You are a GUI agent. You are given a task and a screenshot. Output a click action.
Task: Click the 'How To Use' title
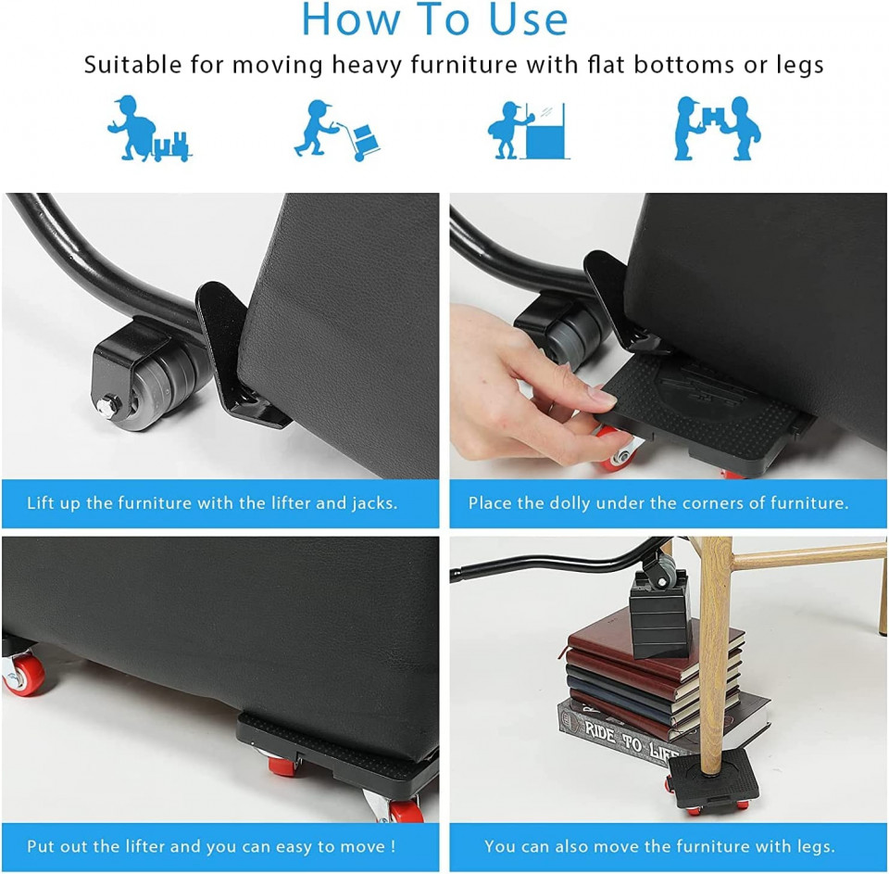(x=435, y=20)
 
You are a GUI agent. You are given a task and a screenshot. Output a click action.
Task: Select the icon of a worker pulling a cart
(x=148, y=129)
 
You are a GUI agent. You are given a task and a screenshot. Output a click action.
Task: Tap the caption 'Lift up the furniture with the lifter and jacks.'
(x=212, y=503)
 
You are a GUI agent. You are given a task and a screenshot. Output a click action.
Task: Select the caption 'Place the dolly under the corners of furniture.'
(x=658, y=503)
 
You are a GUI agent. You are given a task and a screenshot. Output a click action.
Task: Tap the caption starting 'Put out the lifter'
(x=212, y=845)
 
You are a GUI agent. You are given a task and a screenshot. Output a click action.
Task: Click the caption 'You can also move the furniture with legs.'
(x=658, y=845)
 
